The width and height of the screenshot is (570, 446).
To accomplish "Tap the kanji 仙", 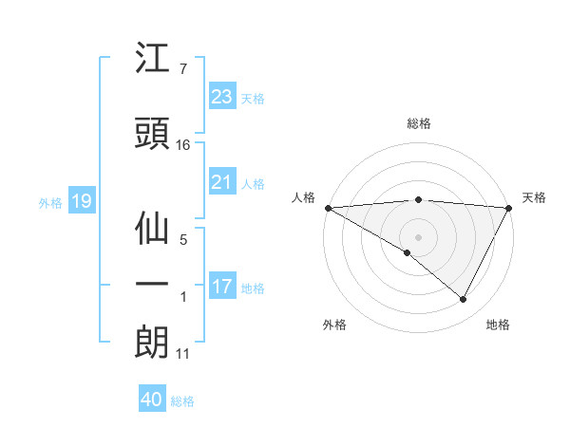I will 152,229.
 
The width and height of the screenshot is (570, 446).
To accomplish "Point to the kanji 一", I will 152,286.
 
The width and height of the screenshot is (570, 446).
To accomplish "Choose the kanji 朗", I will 152,343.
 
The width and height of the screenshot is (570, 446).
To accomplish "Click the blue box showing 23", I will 221,96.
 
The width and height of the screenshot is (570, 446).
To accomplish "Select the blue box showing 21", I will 221,182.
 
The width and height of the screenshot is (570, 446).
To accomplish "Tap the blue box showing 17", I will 221,287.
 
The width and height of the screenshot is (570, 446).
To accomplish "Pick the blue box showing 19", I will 81,201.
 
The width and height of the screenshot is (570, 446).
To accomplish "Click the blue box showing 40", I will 152,400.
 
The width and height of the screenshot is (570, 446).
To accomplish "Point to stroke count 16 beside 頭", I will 183,145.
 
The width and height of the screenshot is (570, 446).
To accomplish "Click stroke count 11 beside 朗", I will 183,354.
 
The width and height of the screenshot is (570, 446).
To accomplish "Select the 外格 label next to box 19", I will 50,202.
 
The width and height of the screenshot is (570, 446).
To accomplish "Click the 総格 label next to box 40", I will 182,400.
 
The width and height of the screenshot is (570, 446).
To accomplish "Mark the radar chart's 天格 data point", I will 510,208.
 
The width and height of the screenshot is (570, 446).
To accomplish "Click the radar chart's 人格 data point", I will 328,208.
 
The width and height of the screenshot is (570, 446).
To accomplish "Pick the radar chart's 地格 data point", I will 464,300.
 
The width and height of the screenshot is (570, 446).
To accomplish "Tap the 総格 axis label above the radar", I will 419,123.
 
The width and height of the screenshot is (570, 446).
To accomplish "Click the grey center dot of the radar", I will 418,235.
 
